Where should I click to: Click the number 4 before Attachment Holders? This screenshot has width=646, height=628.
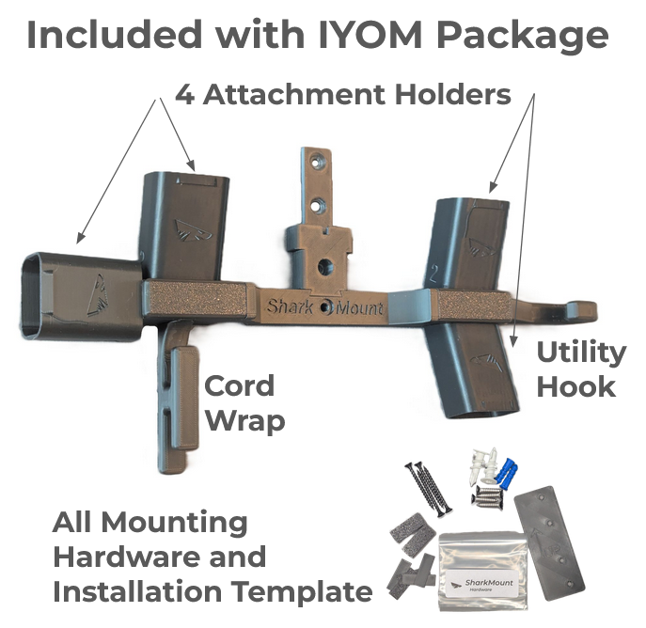tap(184, 95)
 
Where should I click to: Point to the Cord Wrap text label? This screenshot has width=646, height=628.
tap(242, 402)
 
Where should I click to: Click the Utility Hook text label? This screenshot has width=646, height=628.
tap(580, 369)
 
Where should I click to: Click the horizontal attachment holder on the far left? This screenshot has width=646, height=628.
tap(79, 293)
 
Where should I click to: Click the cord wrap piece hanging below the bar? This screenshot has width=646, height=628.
tap(178, 395)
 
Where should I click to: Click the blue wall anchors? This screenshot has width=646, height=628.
tap(508, 467)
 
